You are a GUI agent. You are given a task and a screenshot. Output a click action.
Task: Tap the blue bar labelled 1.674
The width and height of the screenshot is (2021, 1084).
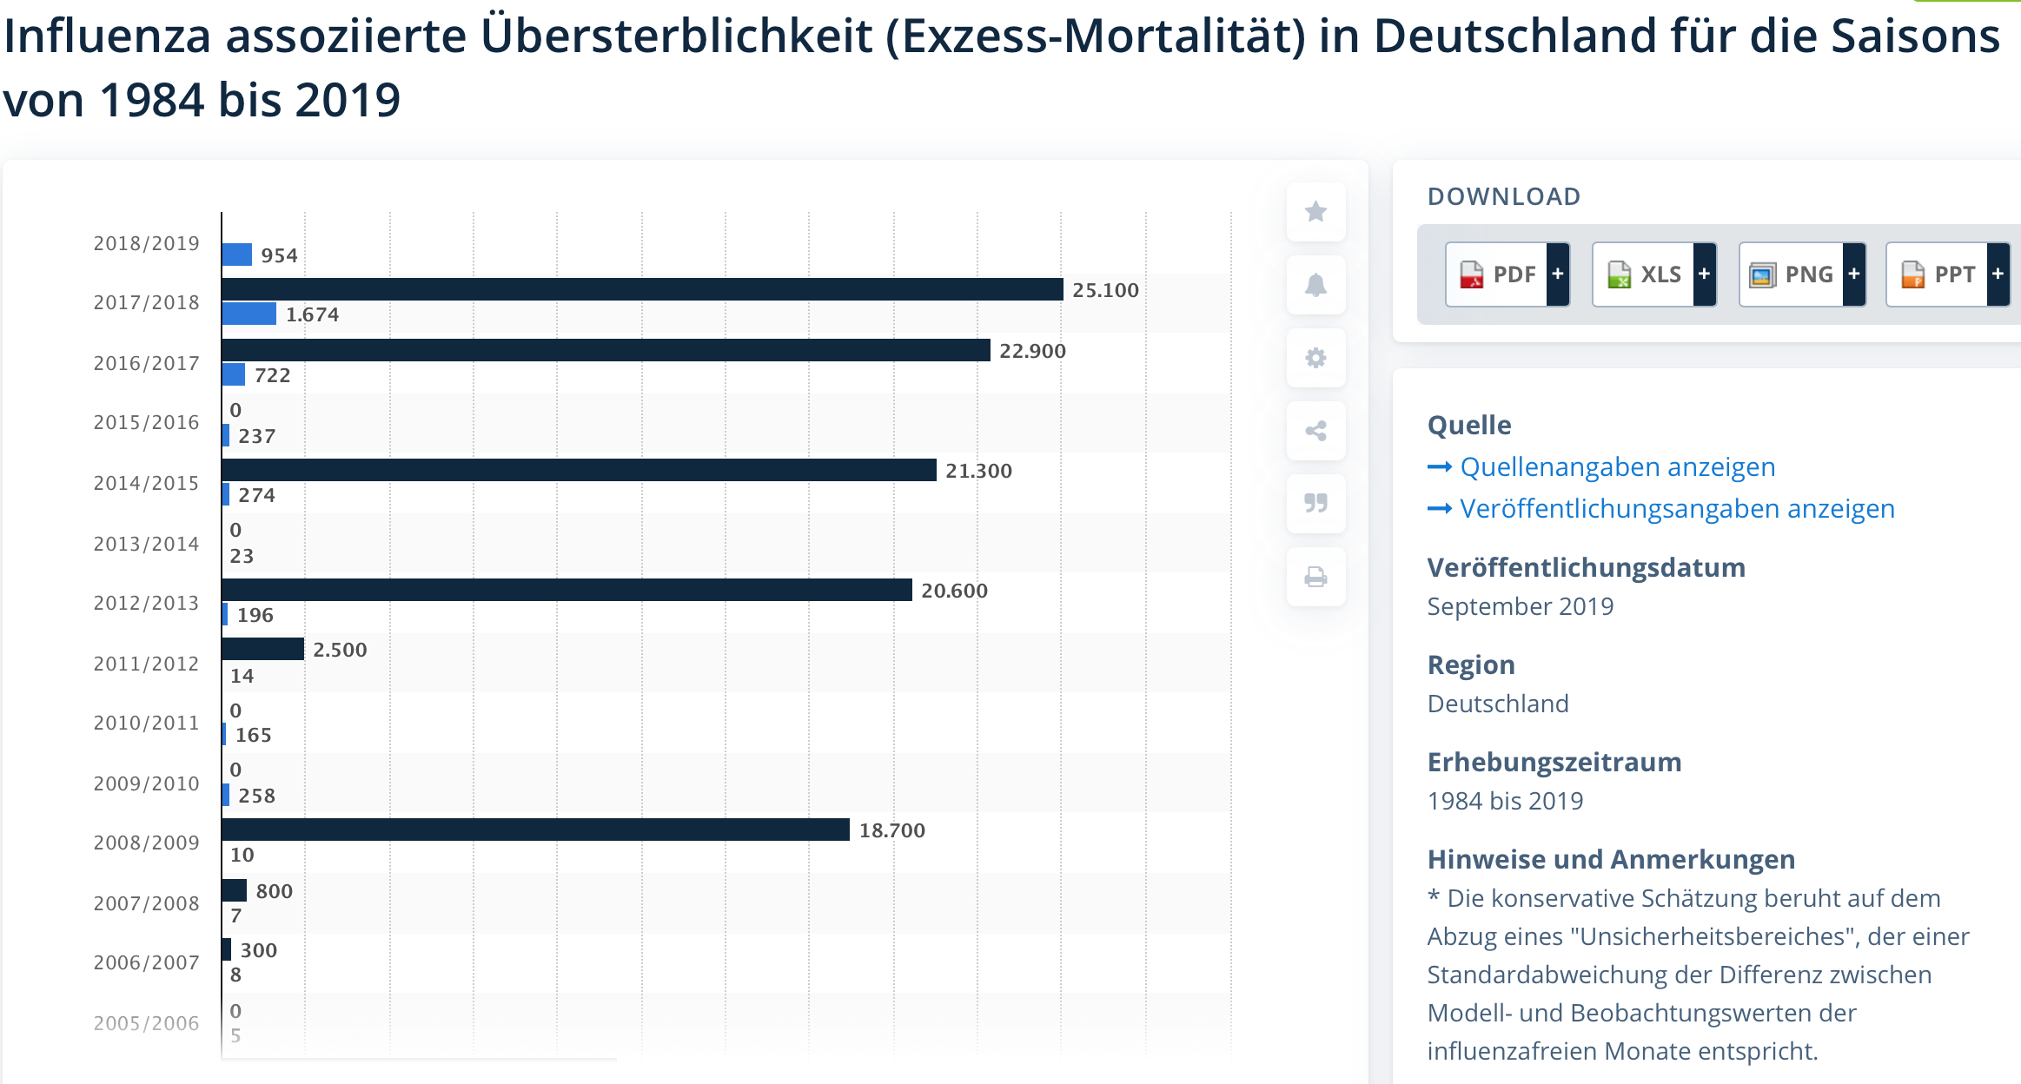tap(248, 314)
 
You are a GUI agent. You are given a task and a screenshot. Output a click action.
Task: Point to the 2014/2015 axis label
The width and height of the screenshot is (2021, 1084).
tap(146, 483)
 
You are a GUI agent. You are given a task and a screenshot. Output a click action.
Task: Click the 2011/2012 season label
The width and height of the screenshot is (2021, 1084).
tap(146, 664)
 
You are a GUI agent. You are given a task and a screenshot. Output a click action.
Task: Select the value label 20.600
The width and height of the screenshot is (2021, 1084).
tap(954, 591)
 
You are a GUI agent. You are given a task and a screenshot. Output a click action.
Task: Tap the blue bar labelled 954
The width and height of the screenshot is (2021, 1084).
tap(236, 254)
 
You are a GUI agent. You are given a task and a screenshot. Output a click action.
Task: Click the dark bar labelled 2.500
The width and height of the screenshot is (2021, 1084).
tap(262, 649)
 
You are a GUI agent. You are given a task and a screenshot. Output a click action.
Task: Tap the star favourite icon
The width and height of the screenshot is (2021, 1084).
tap(1315, 211)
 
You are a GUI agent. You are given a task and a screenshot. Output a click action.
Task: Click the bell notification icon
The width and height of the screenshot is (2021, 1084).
tap(1315, 285)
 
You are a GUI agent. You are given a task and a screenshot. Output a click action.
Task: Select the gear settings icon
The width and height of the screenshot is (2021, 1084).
tap(1315, 358)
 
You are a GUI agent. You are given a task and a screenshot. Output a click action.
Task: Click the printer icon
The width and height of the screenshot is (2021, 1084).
tap(1315, 577)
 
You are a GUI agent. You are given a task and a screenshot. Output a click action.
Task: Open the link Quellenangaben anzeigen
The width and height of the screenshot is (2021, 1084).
tap(1617, 467)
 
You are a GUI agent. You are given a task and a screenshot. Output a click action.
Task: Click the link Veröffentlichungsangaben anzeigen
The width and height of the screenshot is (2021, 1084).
tap(1677, 509)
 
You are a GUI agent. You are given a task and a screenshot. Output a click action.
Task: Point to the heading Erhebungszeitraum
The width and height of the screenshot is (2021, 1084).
tap(1554, 762)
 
